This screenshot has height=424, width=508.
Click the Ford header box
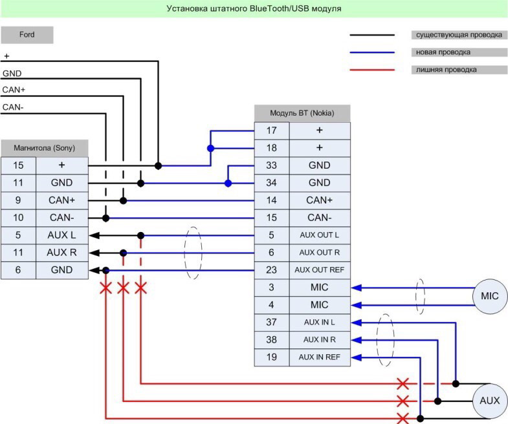(x=27, y=35)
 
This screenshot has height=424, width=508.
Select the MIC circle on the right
(x=489, y=296)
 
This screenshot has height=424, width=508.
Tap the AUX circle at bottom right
(x=489, y=401)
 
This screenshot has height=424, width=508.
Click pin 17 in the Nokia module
(x=272, y=131)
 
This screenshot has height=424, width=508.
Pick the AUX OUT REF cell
(x=320, y=270)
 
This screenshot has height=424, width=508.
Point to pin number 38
(x=272, y=340)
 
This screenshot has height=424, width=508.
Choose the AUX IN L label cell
(x=320, y=323)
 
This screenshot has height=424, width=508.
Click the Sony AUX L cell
(x=62, y=235)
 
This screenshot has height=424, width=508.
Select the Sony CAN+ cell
(x=62, y=200)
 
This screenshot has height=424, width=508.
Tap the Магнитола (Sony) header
(x=45, y=148)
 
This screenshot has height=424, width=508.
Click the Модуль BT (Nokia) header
(x=302, y=113)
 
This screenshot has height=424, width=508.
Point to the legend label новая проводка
(x=443, y=52)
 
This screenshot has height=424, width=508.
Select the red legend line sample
(x=372, y=70)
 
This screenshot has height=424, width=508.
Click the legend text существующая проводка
(x=459, y=35)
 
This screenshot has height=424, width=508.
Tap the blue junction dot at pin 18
(x=210, y=148)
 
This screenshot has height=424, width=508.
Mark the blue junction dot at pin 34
(x=228, y=184)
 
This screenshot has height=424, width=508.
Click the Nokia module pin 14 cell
(x=272, y=200)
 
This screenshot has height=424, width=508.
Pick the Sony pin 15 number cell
(x=19, y=165)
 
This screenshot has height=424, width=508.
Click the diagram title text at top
(x=254, y=8)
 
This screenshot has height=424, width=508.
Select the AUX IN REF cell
(x=320, y=357)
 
